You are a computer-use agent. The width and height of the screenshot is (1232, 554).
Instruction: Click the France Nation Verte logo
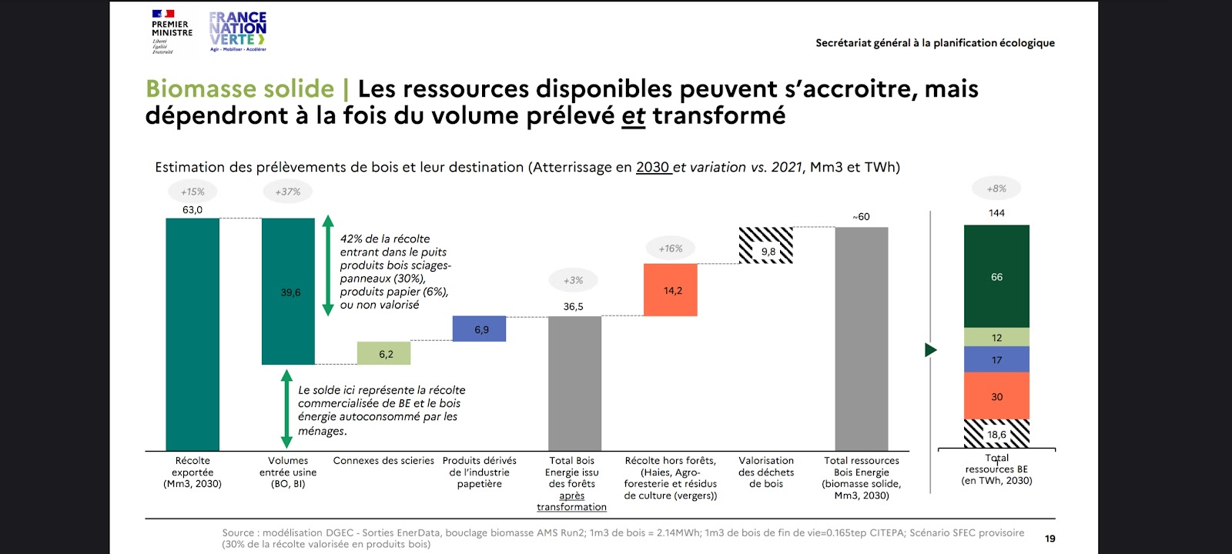238,32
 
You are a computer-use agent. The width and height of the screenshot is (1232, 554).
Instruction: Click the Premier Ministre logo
171,32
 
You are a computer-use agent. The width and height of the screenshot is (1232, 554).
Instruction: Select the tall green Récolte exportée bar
192,334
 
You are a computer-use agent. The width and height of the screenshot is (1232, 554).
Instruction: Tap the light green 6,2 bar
383,353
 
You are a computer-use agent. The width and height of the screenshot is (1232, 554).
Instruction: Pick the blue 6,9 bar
479,329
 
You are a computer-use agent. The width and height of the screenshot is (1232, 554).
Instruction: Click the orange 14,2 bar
670,290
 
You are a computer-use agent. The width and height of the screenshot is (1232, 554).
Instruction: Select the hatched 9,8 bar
765,245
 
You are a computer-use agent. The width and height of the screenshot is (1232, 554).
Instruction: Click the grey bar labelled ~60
861,339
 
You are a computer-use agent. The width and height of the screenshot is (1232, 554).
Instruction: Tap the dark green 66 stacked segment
996,276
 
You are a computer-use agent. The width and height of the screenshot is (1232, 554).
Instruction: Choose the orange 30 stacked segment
996,396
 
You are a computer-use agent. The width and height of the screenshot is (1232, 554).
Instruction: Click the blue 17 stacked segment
996,359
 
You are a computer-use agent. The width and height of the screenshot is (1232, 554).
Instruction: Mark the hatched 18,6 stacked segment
996,434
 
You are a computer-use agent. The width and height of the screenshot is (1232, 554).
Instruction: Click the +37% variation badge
288,192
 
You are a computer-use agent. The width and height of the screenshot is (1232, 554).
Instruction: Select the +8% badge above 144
996,189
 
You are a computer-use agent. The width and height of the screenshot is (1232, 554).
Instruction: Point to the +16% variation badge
670,249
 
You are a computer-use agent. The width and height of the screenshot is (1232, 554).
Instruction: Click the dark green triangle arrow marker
930,350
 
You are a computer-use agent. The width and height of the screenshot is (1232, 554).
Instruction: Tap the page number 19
1050,539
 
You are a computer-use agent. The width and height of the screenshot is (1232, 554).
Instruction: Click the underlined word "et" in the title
633,116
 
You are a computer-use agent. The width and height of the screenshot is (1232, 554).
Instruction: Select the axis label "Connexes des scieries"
383,461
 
